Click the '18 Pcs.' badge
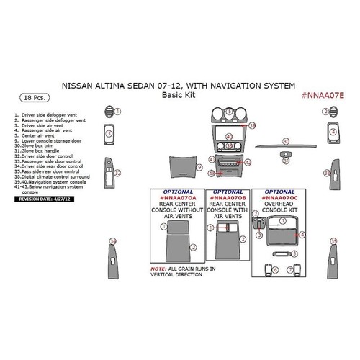(29, 95)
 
